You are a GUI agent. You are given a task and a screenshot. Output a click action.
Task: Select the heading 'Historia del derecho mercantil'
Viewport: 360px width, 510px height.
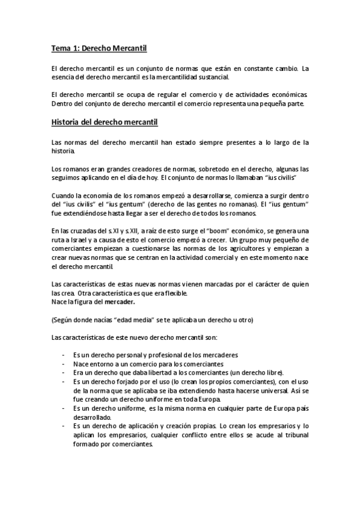tap(105, 123)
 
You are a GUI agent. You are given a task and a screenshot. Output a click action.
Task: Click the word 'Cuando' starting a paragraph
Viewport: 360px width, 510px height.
tap(64, 196)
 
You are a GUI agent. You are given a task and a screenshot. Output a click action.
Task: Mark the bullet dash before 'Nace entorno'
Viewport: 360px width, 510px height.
tap(64, 364)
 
